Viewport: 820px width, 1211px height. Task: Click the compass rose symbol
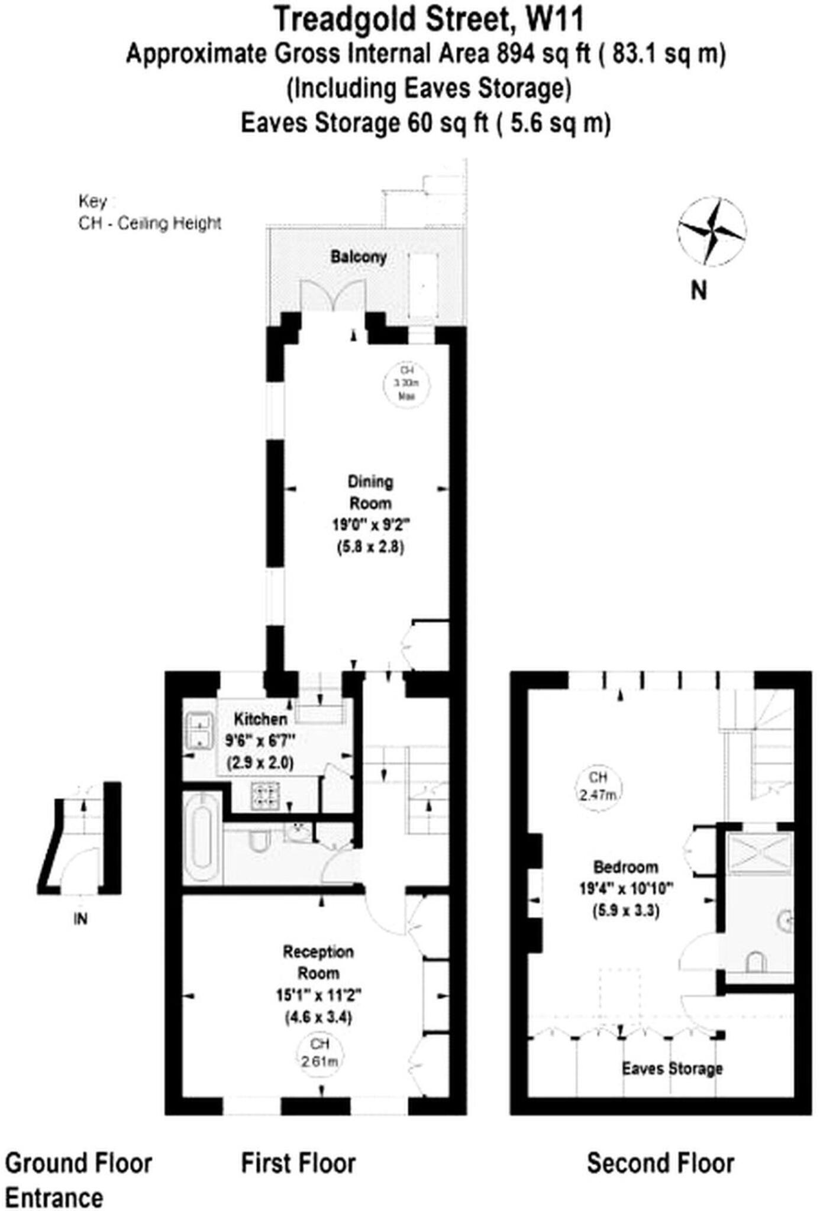[x=711, y=231]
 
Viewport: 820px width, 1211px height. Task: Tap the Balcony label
[x=359, y=257]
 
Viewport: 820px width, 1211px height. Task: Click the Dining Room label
[x=370, y=492]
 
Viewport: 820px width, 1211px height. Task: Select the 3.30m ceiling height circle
[x=406, y=384]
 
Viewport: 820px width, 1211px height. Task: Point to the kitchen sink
[x=199, y=730]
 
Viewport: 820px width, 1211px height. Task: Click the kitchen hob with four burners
[x=265, y=795]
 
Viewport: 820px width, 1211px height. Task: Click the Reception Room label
[x=318, y=962]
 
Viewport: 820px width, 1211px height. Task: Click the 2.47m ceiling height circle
[x=598, y=786]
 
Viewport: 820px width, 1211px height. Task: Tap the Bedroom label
[x=626, y=867]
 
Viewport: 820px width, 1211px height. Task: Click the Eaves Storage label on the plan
[x=672, y=1068]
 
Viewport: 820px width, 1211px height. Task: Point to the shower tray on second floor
[x=759, y=853]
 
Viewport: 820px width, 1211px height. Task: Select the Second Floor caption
[x=660, y=1164]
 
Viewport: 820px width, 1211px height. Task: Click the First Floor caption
[x=298, y=1164]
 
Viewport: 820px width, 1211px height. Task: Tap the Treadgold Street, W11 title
[x=429, y=19]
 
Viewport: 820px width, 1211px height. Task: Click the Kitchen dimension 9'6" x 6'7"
[x=260, y=741]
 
